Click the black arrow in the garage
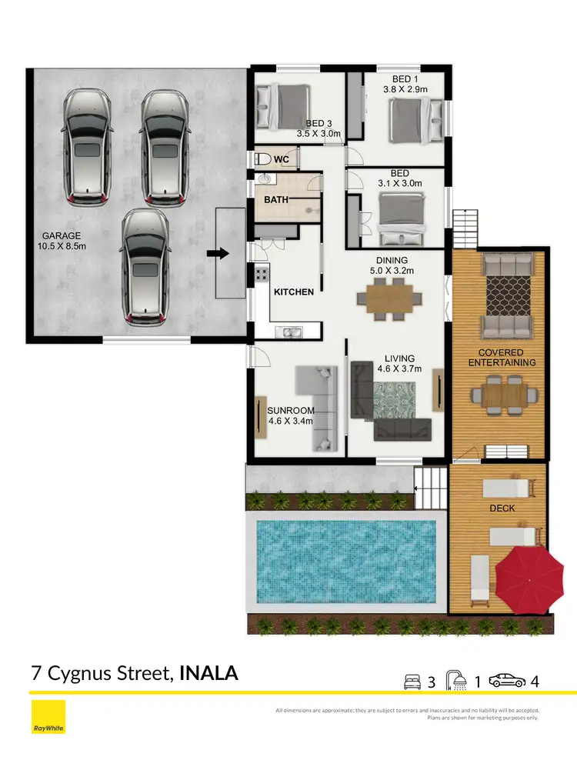219,254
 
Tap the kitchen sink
291,332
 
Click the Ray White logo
48,718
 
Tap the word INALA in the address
208,674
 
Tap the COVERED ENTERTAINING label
502,356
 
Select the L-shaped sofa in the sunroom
321,408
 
